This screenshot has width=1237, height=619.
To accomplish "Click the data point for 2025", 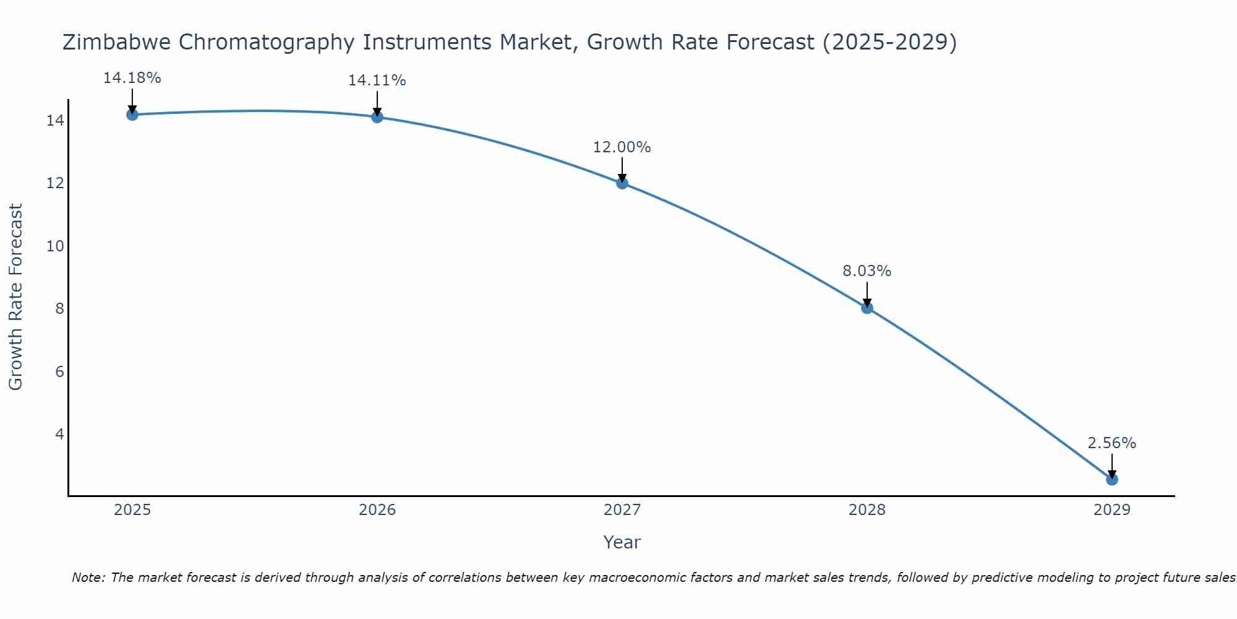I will [x=132, y=115].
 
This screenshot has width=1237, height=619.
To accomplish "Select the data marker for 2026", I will [x=377, y=117].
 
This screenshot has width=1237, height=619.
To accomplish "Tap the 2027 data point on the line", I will [x=622, y=183].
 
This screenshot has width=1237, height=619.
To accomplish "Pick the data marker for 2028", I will [x=867, y=308].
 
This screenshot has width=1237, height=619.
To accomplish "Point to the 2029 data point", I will [x=1112, y=479].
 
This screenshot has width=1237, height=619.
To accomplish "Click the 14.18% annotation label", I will [x=132, y=78].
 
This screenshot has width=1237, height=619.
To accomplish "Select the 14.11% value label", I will [x=377, y=80].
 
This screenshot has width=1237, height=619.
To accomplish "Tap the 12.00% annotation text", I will [x=622, y=147].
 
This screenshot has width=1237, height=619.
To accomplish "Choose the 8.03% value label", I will [x=867, y=271].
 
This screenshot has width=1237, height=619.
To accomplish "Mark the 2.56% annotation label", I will [x=1111, y=443].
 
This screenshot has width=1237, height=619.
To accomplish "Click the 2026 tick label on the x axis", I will [x=377, y=510].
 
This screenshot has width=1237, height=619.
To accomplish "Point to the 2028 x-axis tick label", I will [x=867, y=510].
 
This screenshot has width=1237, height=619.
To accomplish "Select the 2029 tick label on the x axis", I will [x=1112, y=510].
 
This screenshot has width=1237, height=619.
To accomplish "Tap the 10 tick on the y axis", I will [x=55, y=246].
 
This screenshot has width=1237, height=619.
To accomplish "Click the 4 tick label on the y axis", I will [x=59, y=434].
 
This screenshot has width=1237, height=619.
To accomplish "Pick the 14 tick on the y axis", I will [x=55, y=121].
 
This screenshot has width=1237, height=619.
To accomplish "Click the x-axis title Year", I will [x=622, y=542].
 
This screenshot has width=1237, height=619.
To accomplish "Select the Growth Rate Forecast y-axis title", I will [x=15, y=297].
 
